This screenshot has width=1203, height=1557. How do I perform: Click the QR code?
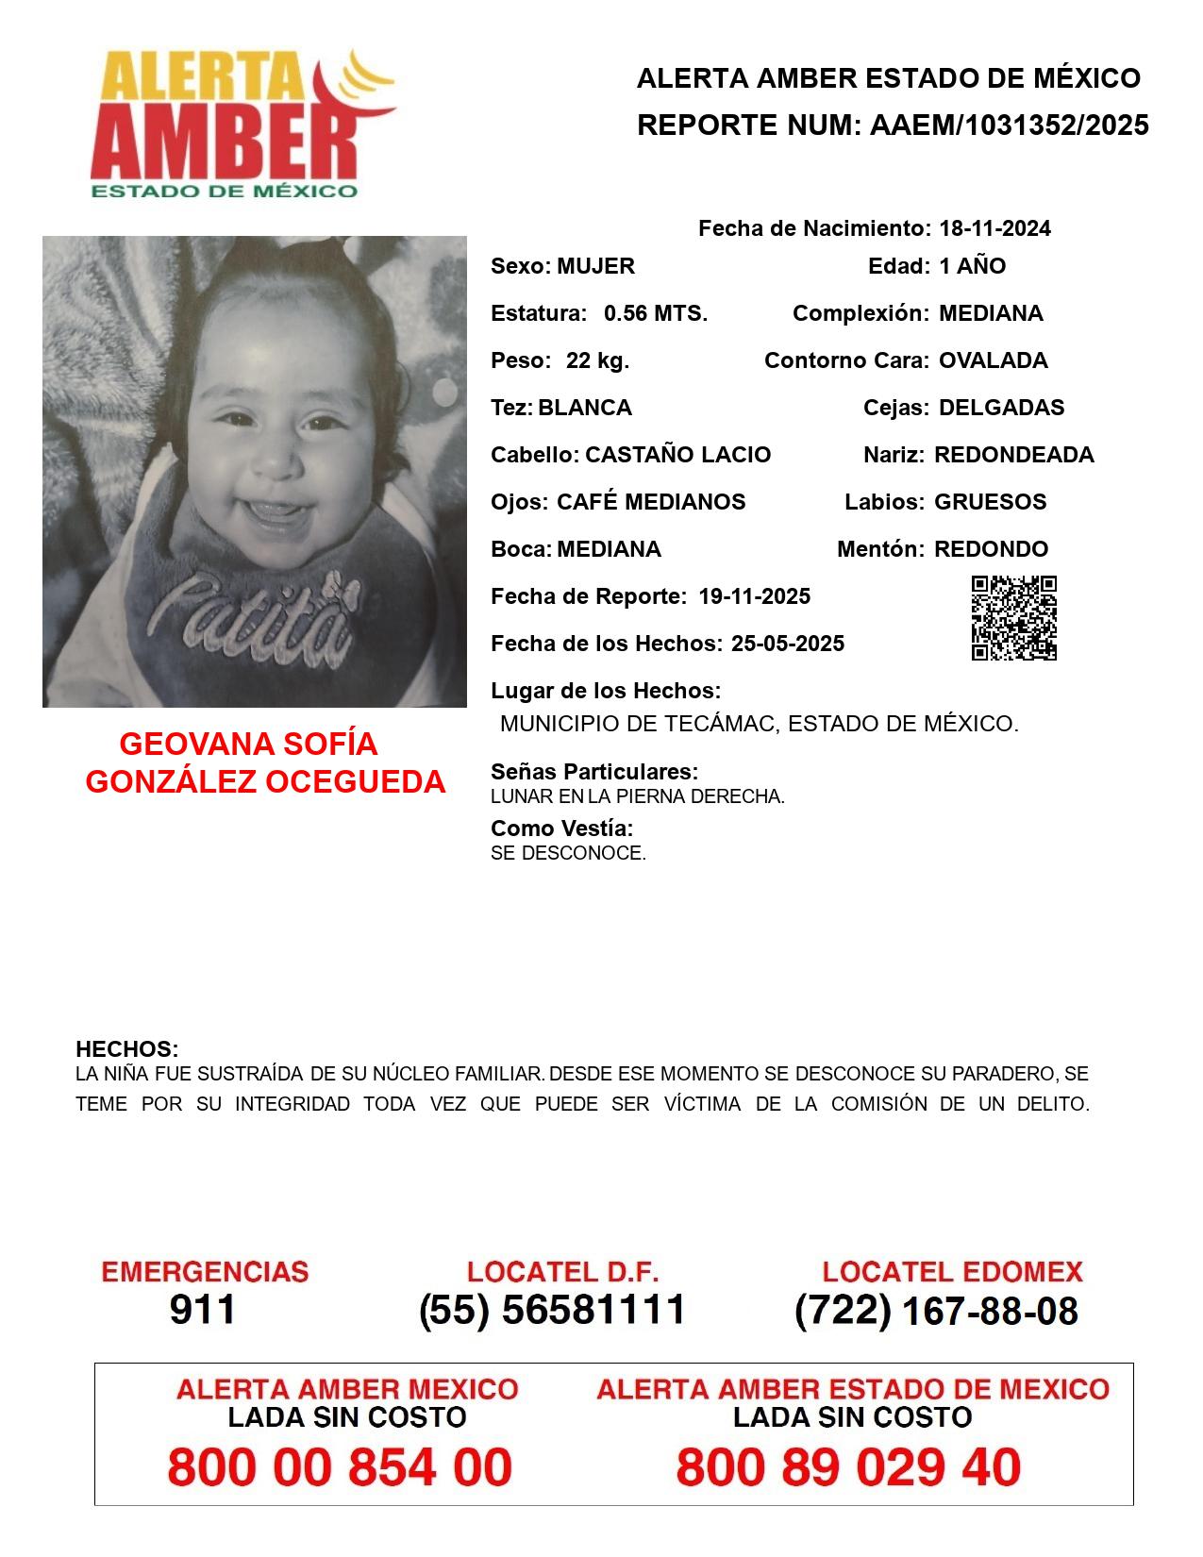point(1014,618)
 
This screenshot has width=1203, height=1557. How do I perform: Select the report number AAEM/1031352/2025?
point(1009,126)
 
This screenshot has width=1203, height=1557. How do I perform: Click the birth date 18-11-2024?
point(994,228)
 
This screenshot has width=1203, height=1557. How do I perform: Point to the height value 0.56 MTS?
point(656,313)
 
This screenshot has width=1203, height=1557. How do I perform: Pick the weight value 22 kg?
point(597,360)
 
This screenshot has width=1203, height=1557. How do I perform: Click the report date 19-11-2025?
point(754,596)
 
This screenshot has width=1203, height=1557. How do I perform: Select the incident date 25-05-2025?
point(787,644)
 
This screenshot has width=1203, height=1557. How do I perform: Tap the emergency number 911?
point(203,1310)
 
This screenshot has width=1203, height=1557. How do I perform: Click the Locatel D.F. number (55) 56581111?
point(552,1310)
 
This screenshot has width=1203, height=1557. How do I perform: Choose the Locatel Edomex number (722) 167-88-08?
point(936,1311)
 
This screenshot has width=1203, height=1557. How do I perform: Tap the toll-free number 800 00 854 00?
point(340,1467)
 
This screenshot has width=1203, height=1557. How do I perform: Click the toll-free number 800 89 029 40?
point(848,1467)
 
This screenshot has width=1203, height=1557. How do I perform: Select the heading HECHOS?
point(126,1049)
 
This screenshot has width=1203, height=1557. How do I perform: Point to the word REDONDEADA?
point(1013,455)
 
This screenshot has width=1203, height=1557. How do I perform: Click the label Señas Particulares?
point(594,772)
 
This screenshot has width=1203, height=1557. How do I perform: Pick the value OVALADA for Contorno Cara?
point(993,360)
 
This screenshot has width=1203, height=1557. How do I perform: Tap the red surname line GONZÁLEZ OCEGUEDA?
point(265,782)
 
